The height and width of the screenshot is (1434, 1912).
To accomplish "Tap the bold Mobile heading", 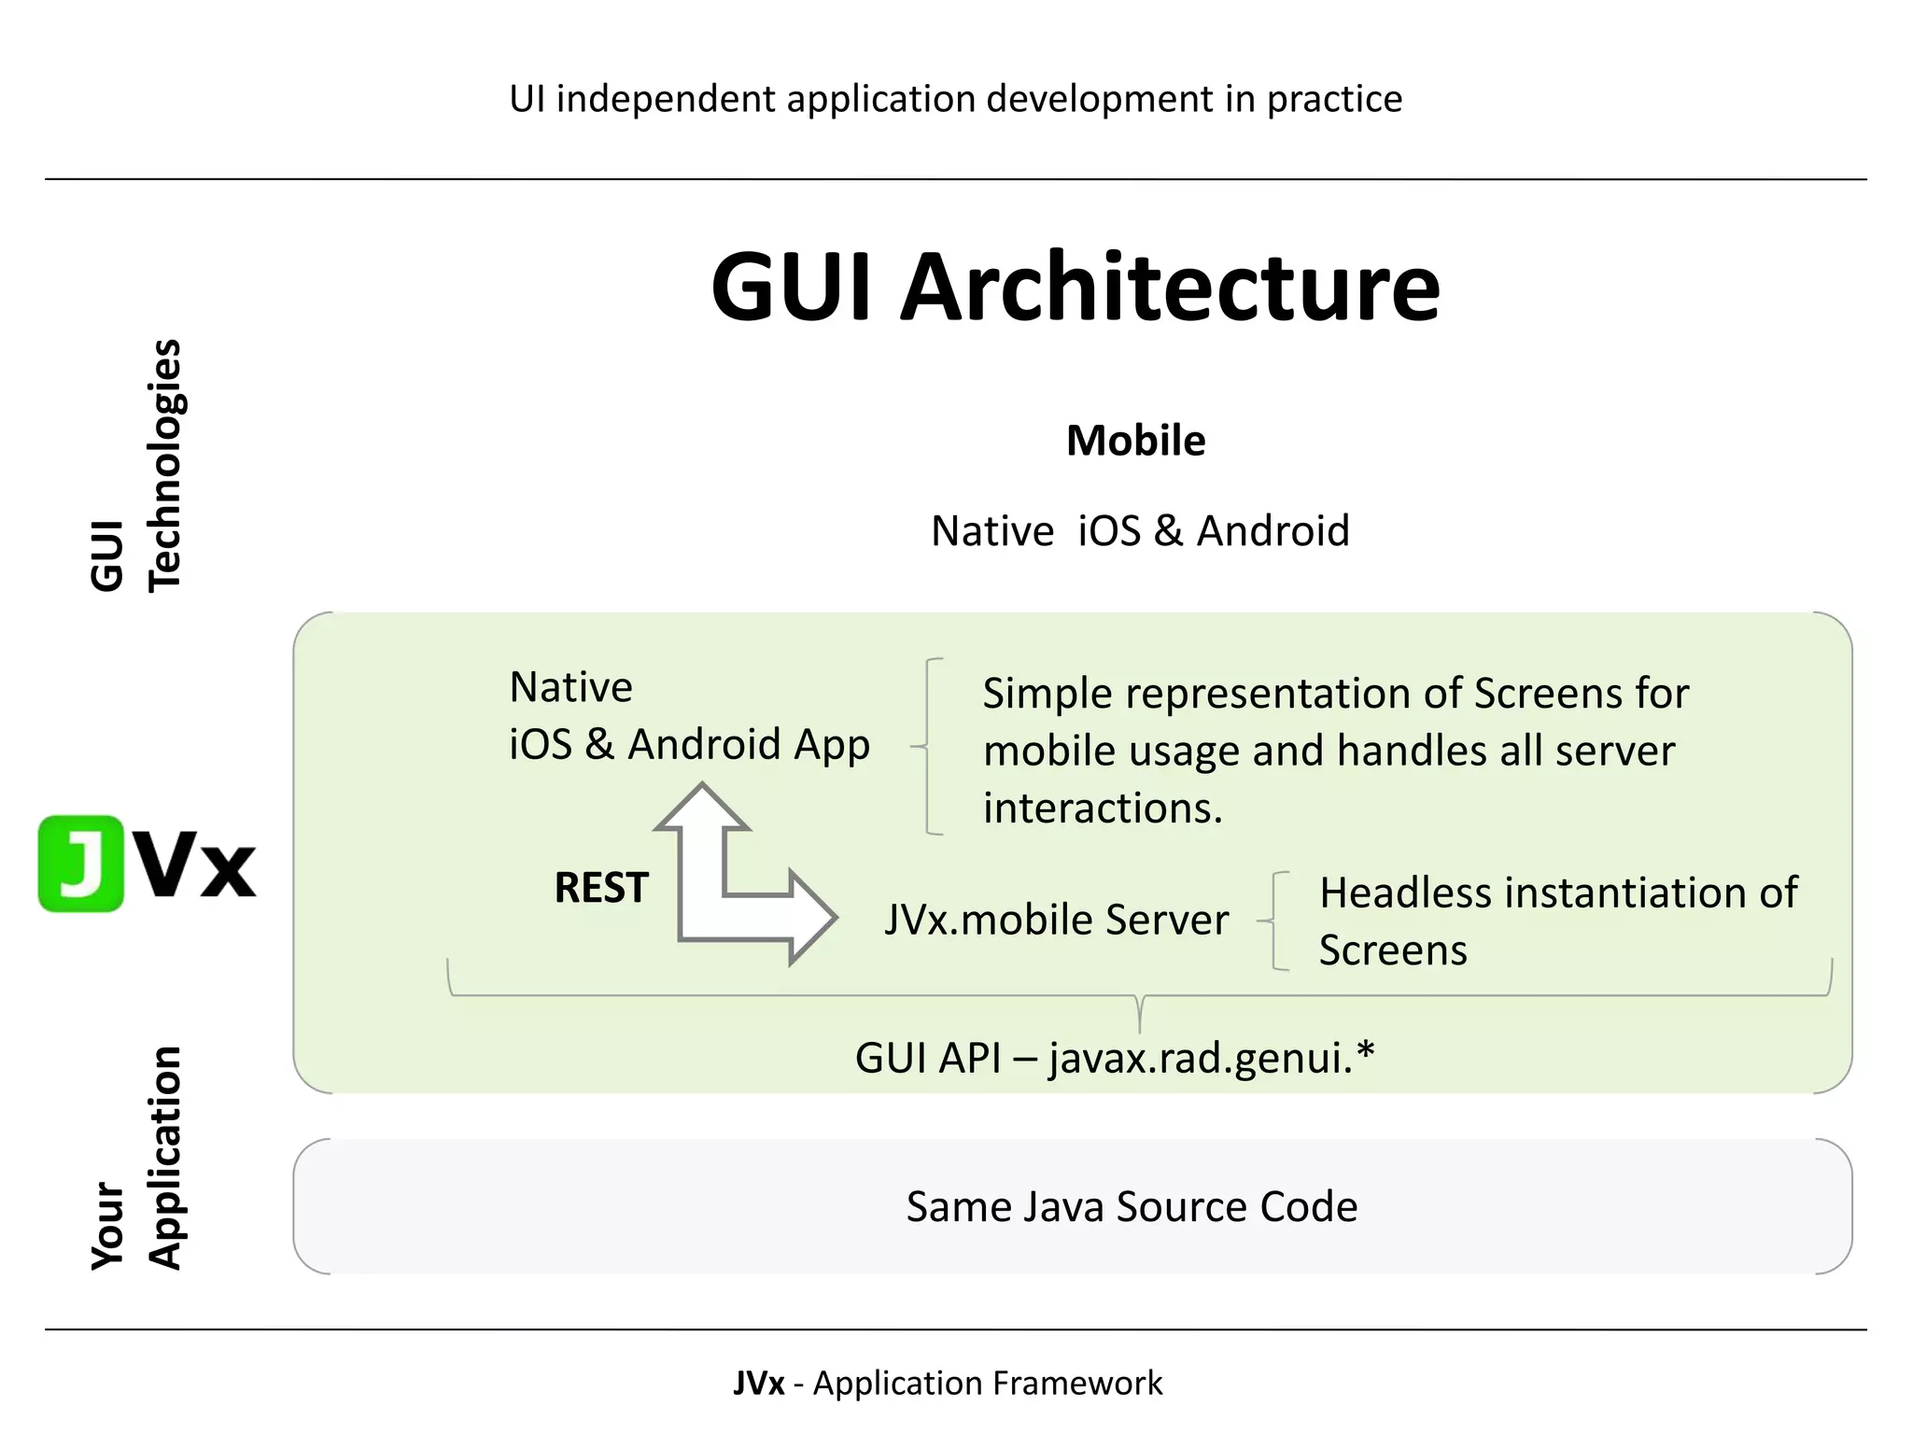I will click(1135, 441).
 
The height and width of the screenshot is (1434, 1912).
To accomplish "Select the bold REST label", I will click(600, 888).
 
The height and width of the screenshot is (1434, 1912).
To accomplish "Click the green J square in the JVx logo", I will click(81, 864).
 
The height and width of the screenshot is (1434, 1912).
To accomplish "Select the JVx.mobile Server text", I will click(1056, 920).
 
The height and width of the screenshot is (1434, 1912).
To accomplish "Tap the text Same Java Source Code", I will click(1132, 1206).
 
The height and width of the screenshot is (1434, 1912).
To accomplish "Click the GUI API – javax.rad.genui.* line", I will click(1114, 1058).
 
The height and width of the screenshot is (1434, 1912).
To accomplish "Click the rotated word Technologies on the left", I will click(164, 465).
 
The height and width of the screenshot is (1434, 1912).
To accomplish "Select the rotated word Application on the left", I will click(164, 1158).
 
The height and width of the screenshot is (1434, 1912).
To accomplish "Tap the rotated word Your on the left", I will click(107, 1227).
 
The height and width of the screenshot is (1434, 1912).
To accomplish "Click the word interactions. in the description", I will click(1103, 808).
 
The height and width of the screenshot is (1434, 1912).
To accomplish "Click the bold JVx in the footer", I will click(758, 1383).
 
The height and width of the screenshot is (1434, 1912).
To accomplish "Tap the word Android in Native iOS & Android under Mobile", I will click(1272, 531).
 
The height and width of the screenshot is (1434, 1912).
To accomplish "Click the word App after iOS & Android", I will click(831, 745).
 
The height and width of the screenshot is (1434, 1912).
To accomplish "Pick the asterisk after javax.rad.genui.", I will click(1366, 1051).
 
